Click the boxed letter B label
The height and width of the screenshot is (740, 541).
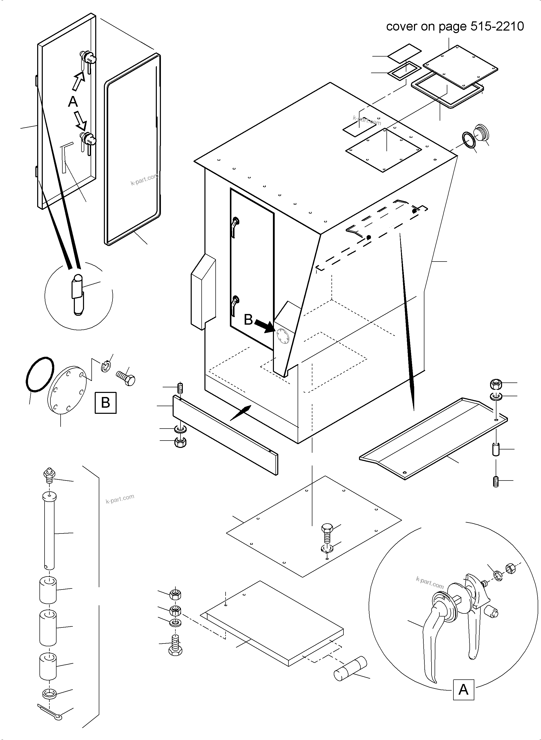(x=105, y=402)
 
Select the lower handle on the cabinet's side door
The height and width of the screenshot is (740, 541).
(x=234, y=305)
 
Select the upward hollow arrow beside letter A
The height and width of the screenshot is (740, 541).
(x=78, y=81)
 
